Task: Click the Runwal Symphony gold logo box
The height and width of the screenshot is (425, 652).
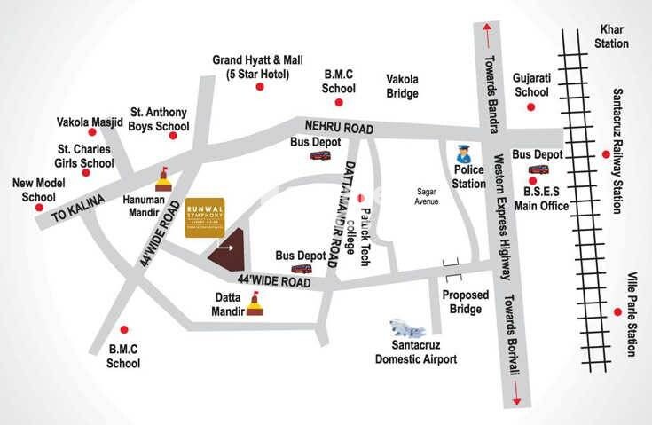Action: (x=209, y=216)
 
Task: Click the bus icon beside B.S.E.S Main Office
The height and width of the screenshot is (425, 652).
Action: (x=538, y=170)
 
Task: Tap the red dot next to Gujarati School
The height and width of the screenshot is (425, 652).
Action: (x=530, y=106)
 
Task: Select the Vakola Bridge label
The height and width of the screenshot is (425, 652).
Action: (x=402, y=85)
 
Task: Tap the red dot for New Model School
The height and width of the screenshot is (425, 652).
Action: (x=39, y=208)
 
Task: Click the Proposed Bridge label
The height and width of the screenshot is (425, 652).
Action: (x=462, y=302)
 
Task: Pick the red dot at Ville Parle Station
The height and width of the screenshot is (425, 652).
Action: (x=617, y=311)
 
